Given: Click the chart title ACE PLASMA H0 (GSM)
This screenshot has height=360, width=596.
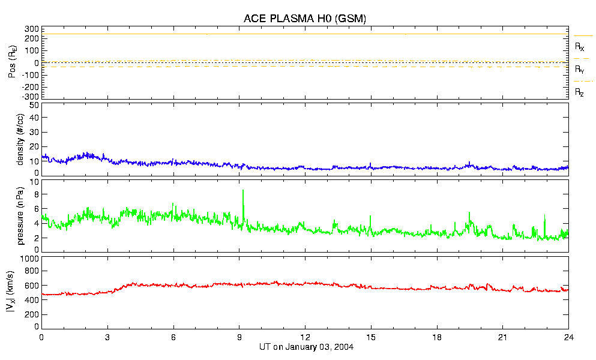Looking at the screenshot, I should pyautogui.click(x=305, y=19).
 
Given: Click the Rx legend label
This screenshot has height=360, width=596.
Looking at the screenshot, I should pyautogui.click(x=579, y=46).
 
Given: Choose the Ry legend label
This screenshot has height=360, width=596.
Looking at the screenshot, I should pyautogui.click(x=579, y=70).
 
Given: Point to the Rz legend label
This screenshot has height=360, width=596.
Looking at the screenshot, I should pyautogui.click(x=579, y=92).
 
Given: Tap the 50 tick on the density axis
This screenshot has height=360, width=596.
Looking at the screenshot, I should pyautogui.click(x=34, y=105).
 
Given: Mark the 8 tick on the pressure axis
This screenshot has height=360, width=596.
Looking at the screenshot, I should pyautogui.click(x=36, y=194).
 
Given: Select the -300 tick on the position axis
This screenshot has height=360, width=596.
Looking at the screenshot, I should pyautogui.click(x=31, y=96).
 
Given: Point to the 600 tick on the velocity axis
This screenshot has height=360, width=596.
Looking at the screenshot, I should pyautogui.click(x=32, y=286).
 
